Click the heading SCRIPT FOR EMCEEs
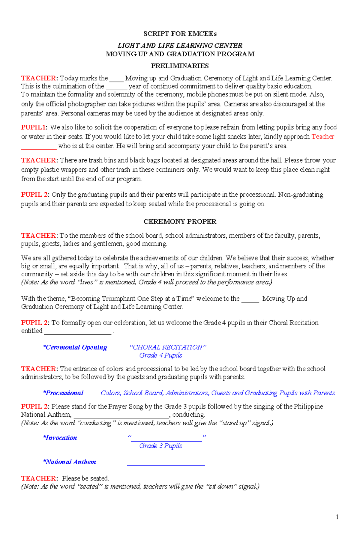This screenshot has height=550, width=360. [180, 34]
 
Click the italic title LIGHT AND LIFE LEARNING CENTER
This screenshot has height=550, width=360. [180, 46]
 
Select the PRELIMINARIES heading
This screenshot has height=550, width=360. [180, 66]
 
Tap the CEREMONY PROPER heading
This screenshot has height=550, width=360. [180, 222]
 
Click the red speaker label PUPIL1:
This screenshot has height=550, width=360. [34, 127]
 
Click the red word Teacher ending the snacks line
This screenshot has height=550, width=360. [323, 137]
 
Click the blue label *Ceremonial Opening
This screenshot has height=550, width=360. [75, 347]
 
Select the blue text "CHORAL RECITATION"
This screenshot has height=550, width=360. [168, 347]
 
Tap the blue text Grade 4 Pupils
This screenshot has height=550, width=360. [160, 355]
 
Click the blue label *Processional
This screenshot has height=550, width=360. [63, 393]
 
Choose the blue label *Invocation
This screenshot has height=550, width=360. [60, 438]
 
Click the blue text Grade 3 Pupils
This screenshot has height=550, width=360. [160, 446]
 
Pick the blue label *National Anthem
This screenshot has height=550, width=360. [70, 462]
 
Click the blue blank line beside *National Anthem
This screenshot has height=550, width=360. [166, 465]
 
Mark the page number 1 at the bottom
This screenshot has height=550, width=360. [337, 517]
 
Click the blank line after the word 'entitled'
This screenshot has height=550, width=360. [78, 333]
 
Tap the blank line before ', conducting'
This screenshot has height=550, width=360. [121, 417]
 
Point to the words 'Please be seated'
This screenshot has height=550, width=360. [85, 478]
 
